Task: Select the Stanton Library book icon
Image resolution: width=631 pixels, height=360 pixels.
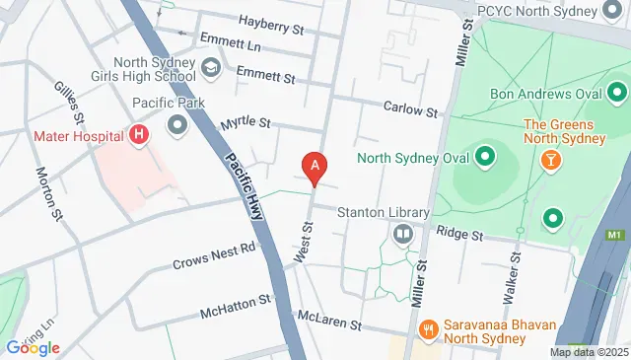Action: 402,234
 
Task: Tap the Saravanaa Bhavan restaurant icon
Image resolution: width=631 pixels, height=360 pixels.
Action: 428,328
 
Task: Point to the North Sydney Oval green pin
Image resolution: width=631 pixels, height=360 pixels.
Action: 485,156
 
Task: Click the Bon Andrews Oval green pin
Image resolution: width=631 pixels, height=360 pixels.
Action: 618,95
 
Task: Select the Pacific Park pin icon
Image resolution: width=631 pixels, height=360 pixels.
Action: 177,124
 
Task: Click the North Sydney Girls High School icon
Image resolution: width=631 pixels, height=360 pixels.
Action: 210,68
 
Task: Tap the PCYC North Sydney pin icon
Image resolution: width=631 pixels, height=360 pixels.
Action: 615,10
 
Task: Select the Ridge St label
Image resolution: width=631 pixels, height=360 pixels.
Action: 461,237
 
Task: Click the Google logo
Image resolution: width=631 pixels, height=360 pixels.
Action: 33,347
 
